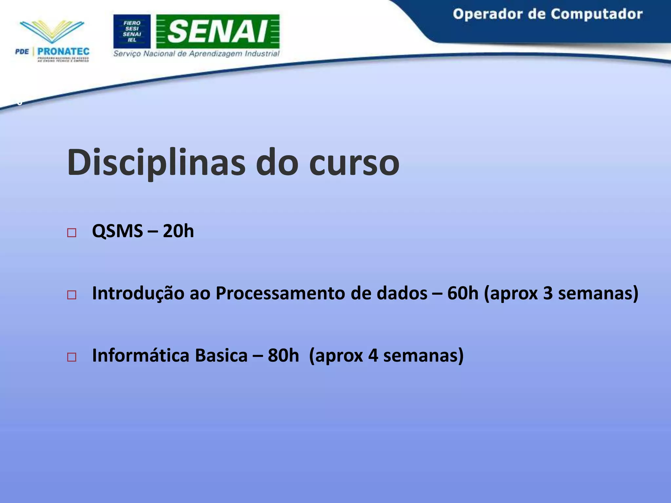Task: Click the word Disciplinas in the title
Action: click(156, 163)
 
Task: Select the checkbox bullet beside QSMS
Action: click(71, 233)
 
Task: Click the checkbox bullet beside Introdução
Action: click(71, 295)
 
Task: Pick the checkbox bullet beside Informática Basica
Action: click(71, 357)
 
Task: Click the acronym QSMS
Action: click(117, 231)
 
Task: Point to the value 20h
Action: click(178, 231)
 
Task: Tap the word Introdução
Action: click(138, 293)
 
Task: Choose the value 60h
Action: click(463, 293)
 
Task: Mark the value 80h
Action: click(283, 356)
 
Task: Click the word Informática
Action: click(141, 356)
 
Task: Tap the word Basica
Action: click(221, 356)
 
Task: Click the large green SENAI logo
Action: click(218, 31)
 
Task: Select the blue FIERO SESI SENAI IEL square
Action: click(132, 31)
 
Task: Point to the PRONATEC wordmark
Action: click(63, 52)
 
